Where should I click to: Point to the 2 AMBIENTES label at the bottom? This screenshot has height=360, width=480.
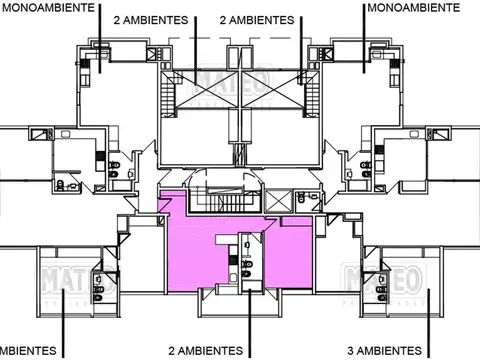pos(205,351)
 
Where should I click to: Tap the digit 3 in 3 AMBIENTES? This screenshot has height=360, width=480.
pos(351,351)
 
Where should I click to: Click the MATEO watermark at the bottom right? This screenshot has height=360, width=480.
pos(371,279)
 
